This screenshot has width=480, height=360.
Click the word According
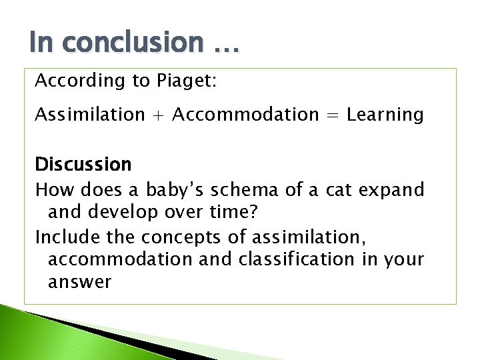[71, 81]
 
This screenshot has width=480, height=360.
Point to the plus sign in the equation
[158, 115]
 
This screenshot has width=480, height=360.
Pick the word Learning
[385, 115]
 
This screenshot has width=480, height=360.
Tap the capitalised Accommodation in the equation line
[245, 115]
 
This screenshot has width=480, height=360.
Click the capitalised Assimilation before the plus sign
[89, 115]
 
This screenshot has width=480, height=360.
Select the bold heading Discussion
[83, 164]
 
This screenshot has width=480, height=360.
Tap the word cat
[340, 191]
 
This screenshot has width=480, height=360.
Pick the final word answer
[79, 283]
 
